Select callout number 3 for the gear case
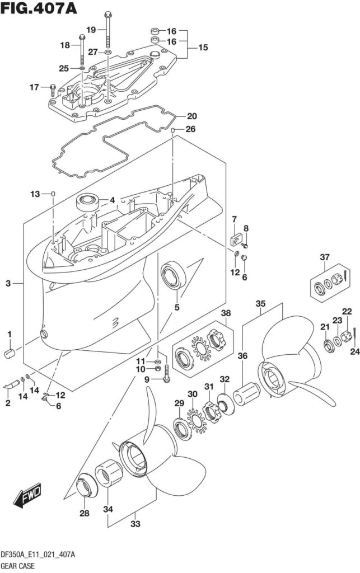pos(8,284)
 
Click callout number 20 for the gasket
pos(191,117)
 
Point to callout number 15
pos(202,48)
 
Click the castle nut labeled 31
pos(211,412)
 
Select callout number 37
pos(324,257)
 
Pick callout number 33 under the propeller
pos(134,524)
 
